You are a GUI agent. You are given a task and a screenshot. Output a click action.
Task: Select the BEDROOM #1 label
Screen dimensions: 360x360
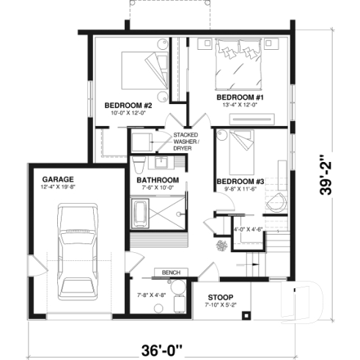[x=239, y=98]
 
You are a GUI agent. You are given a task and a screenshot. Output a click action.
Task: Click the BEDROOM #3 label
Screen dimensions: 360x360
[x=240, y=181]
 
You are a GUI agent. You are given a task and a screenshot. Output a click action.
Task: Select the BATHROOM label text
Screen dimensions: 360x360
[x=158, y=180]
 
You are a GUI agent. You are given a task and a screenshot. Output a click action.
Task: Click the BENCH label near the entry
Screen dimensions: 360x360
[x=171, y=273]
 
